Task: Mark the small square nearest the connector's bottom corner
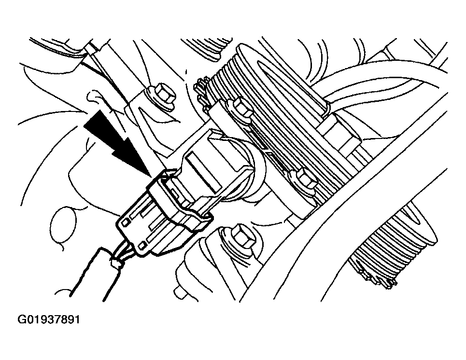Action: tap(142, 245)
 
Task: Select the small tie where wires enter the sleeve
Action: tap(115, 263)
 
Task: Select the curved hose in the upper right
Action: tap(383, 80)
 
